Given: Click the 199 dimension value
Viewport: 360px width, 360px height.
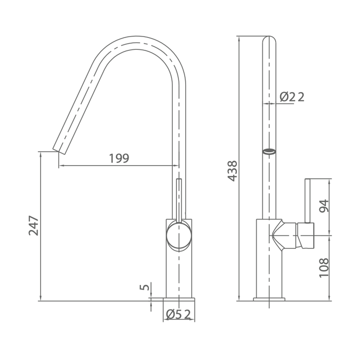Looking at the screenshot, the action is (119, 158).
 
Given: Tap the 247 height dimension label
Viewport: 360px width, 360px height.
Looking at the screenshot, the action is (33, 225).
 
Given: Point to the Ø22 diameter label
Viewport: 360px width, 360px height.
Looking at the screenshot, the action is (292, 97).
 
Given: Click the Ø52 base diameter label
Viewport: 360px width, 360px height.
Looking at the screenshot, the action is (178, 314).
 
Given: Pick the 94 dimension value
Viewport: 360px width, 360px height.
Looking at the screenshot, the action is (324, 206).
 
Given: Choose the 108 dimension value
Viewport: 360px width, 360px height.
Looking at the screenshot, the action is (324, 268).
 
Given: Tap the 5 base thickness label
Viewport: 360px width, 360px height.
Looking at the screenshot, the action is (145, 287).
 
